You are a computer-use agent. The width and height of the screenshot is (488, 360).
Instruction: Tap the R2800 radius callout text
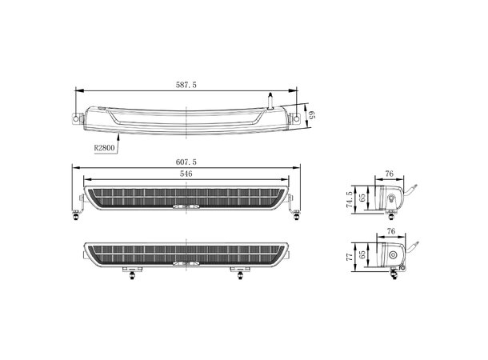(x=104, y=147)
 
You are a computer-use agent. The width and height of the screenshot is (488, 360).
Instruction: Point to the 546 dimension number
(x=186, y=174)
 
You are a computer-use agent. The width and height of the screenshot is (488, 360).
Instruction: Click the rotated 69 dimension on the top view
(x=313, y=113)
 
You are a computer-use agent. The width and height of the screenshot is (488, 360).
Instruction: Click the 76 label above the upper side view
(x=389, y=173)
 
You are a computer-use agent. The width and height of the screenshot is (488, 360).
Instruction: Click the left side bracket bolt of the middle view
(x=77, y=210)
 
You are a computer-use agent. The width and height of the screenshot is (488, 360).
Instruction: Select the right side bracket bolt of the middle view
(x=298, y=210)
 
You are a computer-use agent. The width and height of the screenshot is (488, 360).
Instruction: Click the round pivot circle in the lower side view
(x=394, y=255)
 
